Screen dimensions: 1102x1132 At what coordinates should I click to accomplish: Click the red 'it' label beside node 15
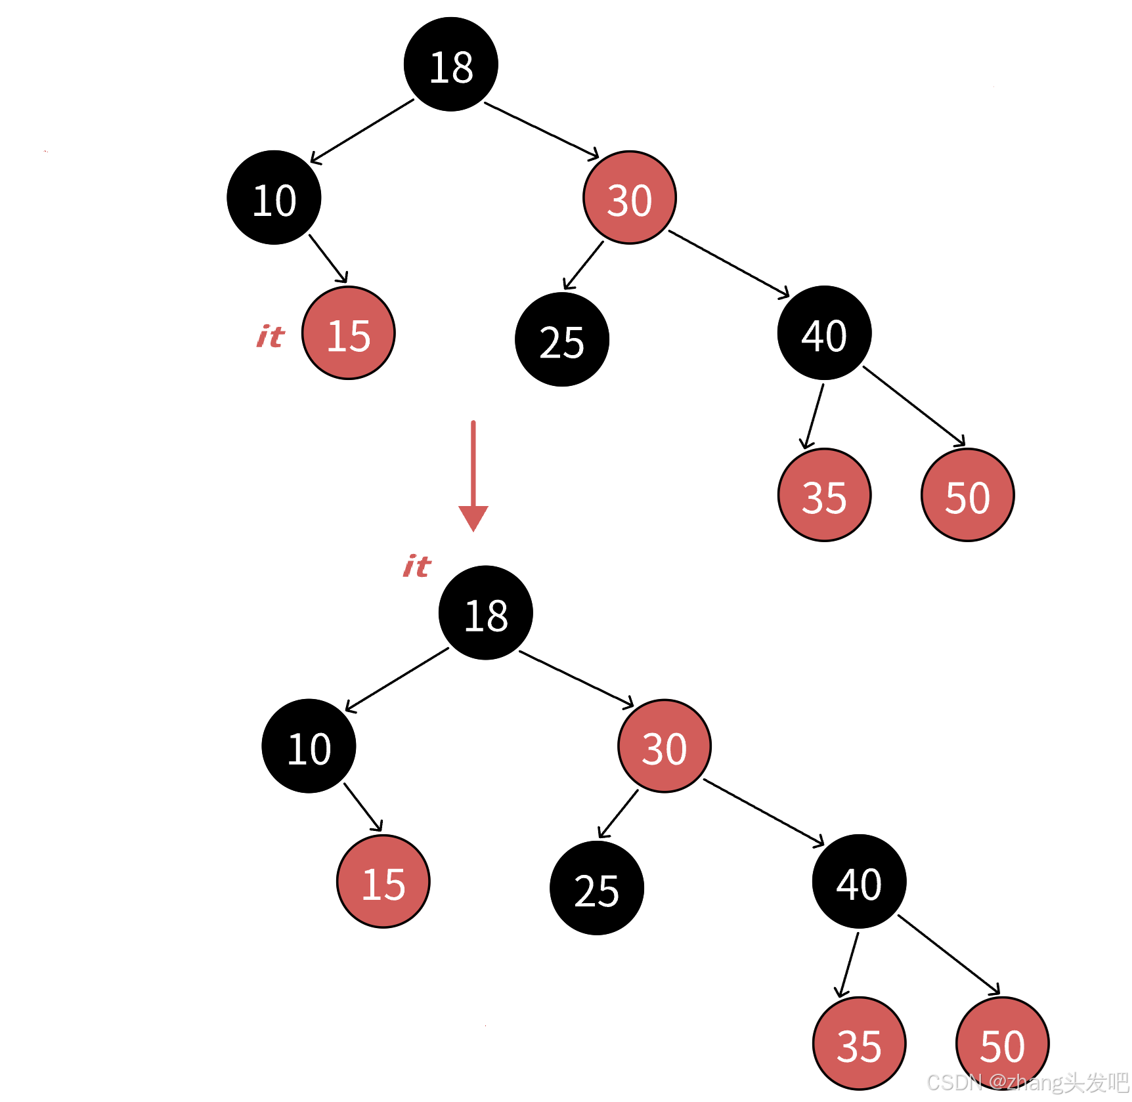tap(271, 337)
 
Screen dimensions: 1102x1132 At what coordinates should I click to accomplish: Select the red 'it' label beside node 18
tap(417, 566)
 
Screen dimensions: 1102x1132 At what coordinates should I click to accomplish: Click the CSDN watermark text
tap(1027, 1082)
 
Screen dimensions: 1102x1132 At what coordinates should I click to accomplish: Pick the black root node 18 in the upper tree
tap(450, 64)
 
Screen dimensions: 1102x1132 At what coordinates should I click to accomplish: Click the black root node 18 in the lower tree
tap(485, 613)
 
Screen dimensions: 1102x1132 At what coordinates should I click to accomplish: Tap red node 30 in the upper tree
tap(629, 198)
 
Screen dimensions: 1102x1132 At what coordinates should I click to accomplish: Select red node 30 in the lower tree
tap(664, 746)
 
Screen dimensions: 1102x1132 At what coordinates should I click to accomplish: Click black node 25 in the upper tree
tap(561, 339)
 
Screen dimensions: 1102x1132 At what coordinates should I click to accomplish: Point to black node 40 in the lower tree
tap(859, 881)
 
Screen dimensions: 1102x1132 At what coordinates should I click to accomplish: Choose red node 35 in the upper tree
tap(824, 495)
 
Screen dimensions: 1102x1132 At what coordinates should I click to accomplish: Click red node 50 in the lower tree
tap(1002, 1044)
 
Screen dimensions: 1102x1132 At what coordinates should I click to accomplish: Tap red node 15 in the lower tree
tap(383, 881)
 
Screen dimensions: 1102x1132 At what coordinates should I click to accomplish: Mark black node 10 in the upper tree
tap(274, 198)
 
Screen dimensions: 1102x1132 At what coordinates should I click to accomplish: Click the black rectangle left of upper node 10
tap(129, 184)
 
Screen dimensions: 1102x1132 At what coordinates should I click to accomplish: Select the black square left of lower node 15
tap(285, 899)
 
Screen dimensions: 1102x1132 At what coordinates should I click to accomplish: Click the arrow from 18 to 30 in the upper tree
tap(541, 130)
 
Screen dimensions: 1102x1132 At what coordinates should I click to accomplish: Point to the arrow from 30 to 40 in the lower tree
tap(763, 812)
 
